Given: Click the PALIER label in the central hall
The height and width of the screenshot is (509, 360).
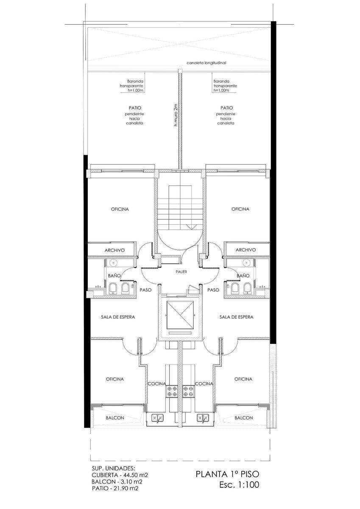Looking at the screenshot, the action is click(x=181, y=271).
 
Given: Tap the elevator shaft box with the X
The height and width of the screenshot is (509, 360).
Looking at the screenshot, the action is click(x=180, y=315).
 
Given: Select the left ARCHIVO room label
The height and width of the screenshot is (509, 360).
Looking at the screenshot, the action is click(x=114, y=250).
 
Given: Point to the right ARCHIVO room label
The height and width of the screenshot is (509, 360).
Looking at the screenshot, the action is click(x=246, y=250).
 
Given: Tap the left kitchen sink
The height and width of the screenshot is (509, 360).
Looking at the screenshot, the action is click(x=158, y=416).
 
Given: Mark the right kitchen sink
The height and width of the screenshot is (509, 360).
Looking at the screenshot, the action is click(x=203, y=416).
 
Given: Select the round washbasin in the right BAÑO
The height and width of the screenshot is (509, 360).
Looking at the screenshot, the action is click(x=247, y=263).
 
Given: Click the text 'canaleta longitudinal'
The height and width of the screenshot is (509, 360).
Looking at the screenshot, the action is click(x=206, y=63).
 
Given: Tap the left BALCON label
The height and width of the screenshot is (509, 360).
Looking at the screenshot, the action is click(x=115, y=418).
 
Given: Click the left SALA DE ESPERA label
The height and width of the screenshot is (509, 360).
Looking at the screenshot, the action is click(x=118, y=317).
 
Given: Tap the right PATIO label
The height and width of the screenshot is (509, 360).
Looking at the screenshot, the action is click(x=226, y=108).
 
